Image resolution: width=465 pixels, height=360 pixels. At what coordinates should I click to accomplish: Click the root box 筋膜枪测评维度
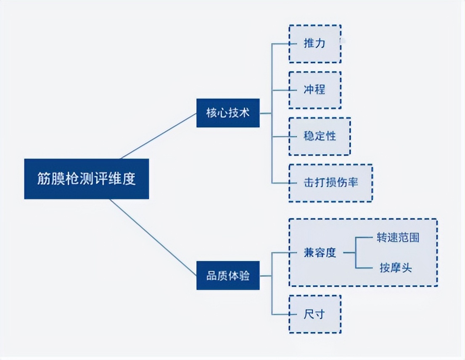pos(86,179)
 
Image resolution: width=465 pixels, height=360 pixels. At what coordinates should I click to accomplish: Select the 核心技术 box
pos(228,113)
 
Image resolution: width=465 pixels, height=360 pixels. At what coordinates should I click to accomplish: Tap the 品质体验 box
pos(228,275)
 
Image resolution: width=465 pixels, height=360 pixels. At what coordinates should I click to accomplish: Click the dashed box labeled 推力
pos(314,44)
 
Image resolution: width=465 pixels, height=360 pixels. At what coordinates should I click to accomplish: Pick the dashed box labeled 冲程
pos(314,90)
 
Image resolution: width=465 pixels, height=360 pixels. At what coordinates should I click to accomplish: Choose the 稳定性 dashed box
pos(320,136)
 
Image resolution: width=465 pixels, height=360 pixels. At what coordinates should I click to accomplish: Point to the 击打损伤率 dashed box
pos(330,183)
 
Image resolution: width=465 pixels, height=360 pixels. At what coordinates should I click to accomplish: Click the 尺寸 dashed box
pos(314,314)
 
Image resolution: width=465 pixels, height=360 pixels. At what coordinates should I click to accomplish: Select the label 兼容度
pos(320,253)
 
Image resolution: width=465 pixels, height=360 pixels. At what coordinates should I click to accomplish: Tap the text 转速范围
pos(398,238)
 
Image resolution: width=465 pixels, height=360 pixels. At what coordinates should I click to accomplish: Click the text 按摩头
pos(395,268)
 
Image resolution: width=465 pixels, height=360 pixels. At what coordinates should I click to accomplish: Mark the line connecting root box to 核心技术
pos(159,136)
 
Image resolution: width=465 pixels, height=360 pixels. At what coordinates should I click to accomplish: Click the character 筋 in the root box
pos(43,179)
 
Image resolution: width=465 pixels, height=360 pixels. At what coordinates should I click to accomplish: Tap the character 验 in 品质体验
pos(244,275)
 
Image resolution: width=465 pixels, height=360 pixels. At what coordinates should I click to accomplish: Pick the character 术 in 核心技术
pos(244,113)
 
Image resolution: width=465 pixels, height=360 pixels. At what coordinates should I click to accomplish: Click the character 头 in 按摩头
pos(406,268)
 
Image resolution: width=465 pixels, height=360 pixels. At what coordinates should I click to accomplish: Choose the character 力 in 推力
pos(320,44)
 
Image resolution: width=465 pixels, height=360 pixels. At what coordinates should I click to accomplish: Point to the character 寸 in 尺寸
pos(320,314)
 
